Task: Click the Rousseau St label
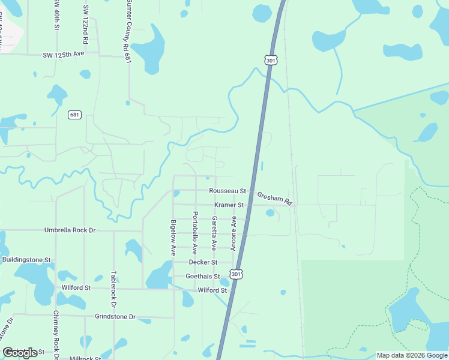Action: pyautogui.click(x=228, y=191)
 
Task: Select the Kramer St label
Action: pyautogui.click(x=229, y=205)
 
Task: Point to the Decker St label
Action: pyautogui.click(x=202, y=262)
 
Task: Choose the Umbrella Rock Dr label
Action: pyautogui.click(x=70, y=230)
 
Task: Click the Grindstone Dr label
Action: pyautogui.click(x=115, y=316)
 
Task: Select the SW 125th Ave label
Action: pyautogui.click(x=63, y=54)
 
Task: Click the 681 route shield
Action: pyautogui.click(x=74, y=115)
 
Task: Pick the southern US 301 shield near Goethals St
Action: pyautogui.click(x=238, y=273)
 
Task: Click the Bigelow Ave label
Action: pyautogui.click(x=173, y=238)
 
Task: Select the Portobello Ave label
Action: pyautogui.click(x=194, y=232)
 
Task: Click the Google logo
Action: pyautogui.click(x=20, y=353)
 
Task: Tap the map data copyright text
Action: pyautogui.click(x=411, y=355)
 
